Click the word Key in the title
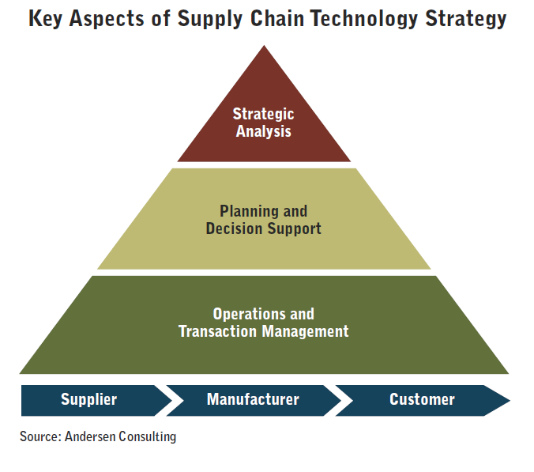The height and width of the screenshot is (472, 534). [x=45, y=19]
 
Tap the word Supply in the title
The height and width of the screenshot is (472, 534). [x=209, y=19]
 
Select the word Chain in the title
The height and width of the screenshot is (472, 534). [x=277, y=18]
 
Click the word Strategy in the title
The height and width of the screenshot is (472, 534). [x=466, y=19]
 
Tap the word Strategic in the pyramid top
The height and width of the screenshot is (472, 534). [x=263, y=114]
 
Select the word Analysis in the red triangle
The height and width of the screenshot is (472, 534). [x=264, y=131]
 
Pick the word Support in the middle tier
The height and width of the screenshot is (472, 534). [x=294, y=229]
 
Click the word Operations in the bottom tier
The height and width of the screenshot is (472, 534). [x=250, y=314]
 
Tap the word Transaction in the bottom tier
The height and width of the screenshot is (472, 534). [x=217, y=331]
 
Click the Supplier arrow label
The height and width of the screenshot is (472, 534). [x=89, y=400]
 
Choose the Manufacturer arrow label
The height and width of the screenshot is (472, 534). [x=253, y=399]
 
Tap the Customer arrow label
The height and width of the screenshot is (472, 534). [x=422, y=399]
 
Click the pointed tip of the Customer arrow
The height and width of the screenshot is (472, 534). [x=510, y=400]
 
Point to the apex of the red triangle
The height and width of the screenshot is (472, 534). [x=264, y=46]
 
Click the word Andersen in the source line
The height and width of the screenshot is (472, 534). [x=90, y=436]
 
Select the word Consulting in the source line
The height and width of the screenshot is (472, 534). [x=148, y=437]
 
